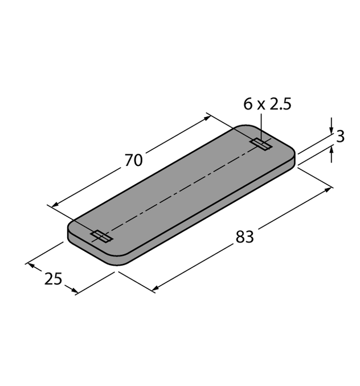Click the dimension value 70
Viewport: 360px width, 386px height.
(x=133, y=161)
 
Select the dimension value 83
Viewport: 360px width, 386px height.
(x=245, y=237)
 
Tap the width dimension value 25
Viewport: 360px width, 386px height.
(x=53, y=279)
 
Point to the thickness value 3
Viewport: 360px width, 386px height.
(x=341, y=137)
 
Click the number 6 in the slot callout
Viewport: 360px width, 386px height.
(x=247, y=104)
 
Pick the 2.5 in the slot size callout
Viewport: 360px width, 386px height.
(x=280, y=104)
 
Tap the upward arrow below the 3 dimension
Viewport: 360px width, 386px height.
(x=331, y=149)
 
